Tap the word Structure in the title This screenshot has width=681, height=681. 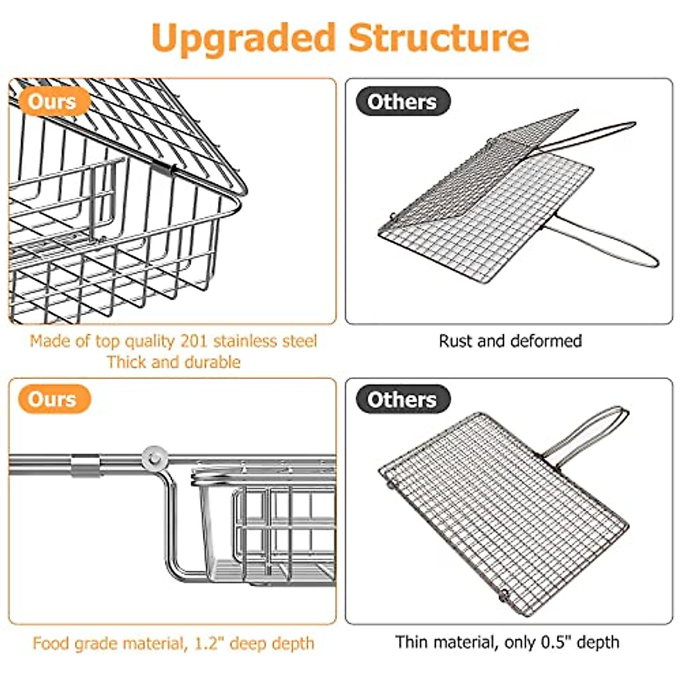[439, 37]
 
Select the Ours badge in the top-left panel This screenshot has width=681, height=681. [52, 102]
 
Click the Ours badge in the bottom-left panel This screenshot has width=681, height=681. [52, 399]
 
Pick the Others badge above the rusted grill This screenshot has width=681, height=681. [402, 102]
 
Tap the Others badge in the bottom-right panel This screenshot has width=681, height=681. [402, 400]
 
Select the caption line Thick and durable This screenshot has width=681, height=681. [174, 362]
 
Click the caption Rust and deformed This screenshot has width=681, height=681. [510, 341]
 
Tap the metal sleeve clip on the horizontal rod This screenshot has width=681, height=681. [86, 465]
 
